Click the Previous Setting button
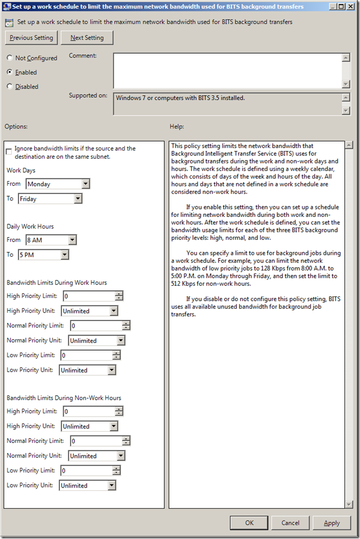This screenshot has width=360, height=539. click(x=31, y=38)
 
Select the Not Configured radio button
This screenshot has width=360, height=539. click(x=10, y=58)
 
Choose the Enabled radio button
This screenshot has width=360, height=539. click(x=10, y=72)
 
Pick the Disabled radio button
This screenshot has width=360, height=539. click(x=10, y=87)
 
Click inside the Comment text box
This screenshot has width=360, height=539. click(x=226, y=70)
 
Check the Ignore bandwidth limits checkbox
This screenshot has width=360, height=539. click(x=8, y=152)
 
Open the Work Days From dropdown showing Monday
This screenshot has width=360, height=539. click(x=57, y=183)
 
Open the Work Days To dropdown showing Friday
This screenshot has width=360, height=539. click(x=50, y=198)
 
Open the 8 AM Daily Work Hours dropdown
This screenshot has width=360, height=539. click(x=50, y=240)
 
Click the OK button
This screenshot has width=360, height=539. click(x=249, y=523)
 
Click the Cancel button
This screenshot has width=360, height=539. click(x=290, y=523)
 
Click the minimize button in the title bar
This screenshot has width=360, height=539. click(x=332, y=7)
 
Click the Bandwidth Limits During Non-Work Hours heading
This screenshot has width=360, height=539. click(x=64, y=398)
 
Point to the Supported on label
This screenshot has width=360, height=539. click(x=88, y=96)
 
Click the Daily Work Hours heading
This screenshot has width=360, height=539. click(x=30, y=226)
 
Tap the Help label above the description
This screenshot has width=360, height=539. click(x=177, y=127)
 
